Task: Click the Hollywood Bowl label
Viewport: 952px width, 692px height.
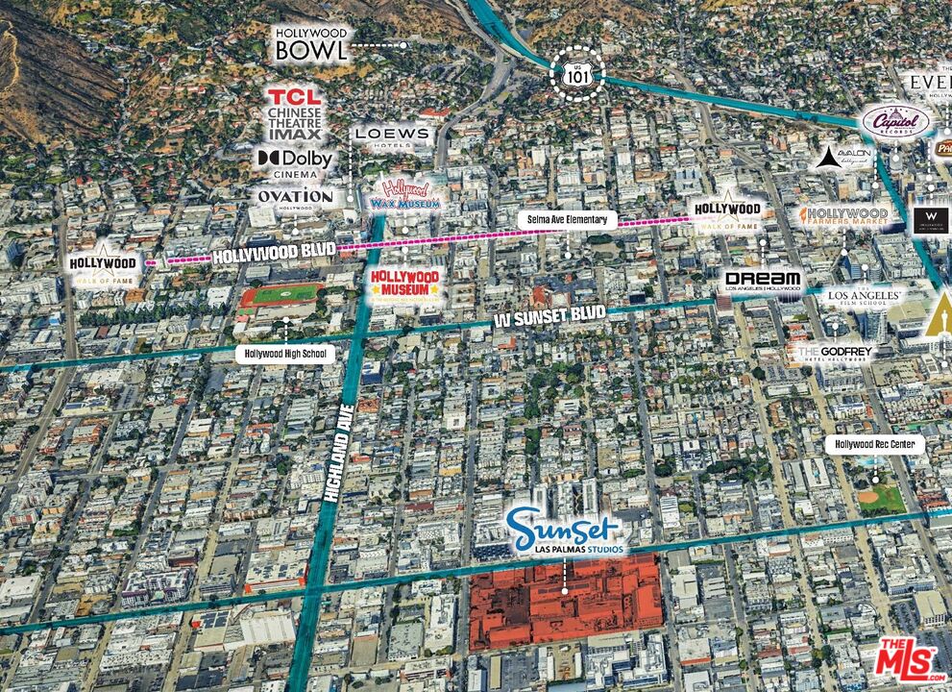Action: [311, 45]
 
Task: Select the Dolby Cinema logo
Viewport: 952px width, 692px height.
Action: [295, 161]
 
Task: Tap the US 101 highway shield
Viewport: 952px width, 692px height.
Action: [577, 72]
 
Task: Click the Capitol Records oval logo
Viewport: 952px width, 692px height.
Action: [895, 122]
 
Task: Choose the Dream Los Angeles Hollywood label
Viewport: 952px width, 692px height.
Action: [763, 280]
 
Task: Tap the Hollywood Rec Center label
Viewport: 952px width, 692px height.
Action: [874, 444]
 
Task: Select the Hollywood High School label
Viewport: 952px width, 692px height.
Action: [285, 354]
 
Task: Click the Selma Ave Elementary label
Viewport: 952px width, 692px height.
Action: [567, 219]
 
